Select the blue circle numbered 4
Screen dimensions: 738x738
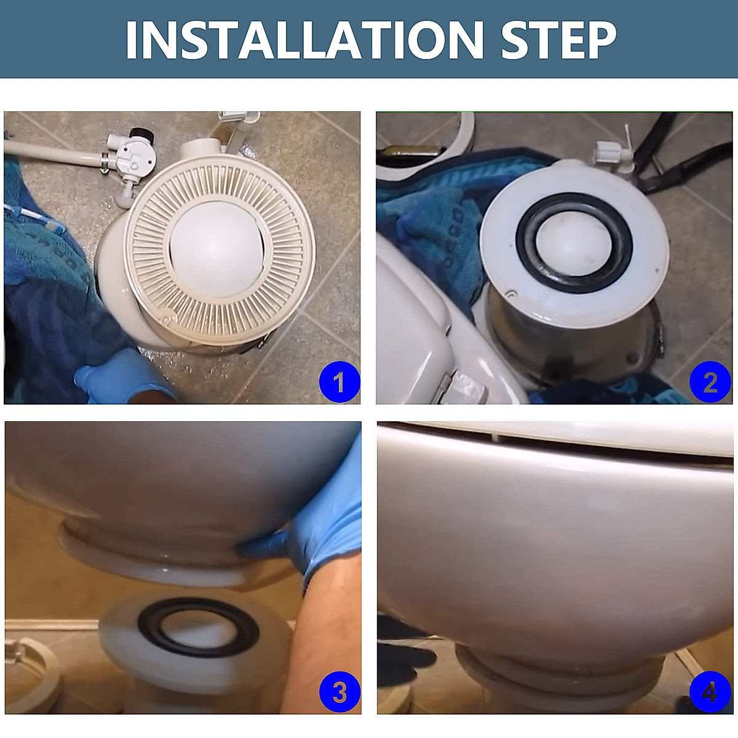pos(710,692)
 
